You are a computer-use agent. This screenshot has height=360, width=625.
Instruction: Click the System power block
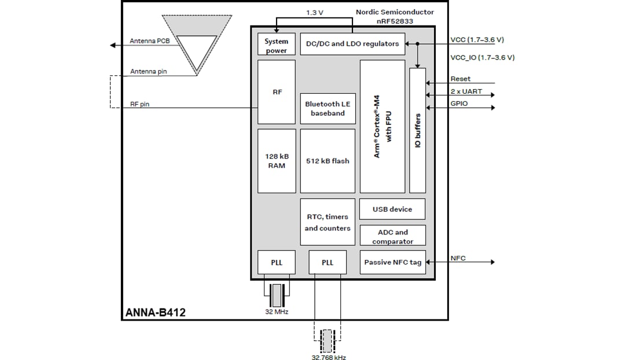click(276, 45)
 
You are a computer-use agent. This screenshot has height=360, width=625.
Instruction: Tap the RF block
click(276, 92)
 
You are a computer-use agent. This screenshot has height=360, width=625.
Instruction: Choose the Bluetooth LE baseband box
click(328, 108)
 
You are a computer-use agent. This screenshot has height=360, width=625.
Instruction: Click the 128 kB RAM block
click(276, 161)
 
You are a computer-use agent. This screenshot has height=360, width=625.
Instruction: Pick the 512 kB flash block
click(328, 161)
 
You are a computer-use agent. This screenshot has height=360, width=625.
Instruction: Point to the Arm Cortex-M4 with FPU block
click(383, 126)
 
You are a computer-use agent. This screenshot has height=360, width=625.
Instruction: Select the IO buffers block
click(417, 130)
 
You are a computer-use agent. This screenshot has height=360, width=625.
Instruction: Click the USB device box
click(392, 209)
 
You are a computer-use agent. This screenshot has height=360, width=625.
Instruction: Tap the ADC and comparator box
click(392, 236)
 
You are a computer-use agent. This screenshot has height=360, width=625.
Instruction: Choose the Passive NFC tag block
click(392, 262)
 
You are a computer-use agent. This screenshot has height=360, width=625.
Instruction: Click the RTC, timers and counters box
click(328, 222)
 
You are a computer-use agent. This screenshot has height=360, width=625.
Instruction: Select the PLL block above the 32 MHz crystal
click(276, 262)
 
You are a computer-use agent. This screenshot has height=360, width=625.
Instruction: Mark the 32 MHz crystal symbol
click(277, 295)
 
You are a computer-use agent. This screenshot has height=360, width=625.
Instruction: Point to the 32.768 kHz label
click(328, 357)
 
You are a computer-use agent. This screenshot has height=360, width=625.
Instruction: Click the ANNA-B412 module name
click(156, 313)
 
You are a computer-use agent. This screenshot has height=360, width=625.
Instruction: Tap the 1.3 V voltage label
click(314, 12)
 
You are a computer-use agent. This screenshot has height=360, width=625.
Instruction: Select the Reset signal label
click(460, 79)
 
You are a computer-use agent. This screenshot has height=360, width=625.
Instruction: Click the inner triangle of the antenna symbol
click(196, 50)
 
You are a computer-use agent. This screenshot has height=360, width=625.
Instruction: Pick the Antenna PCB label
click(149, 41)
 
